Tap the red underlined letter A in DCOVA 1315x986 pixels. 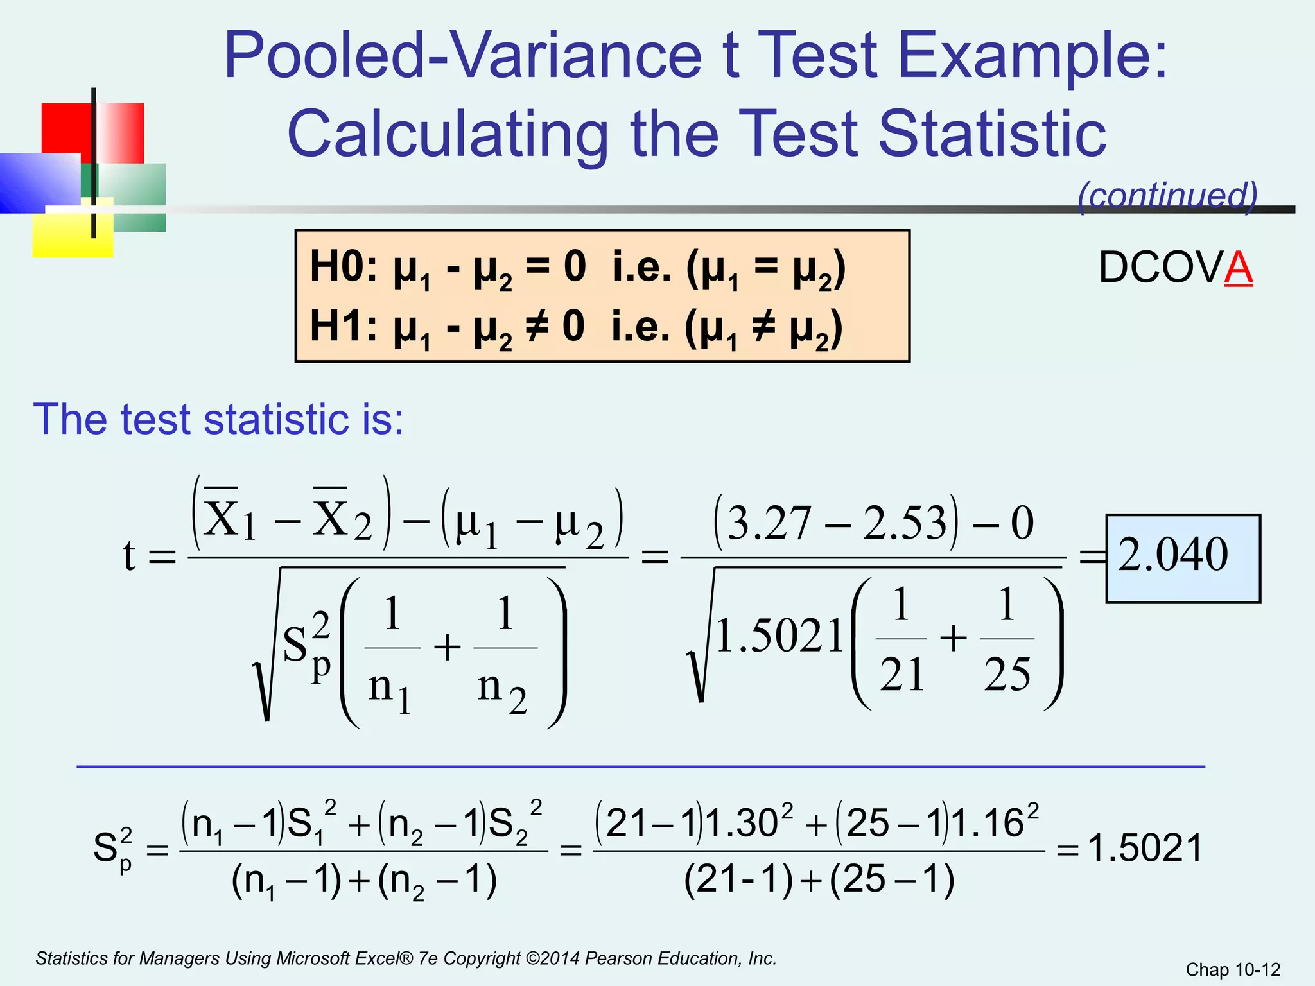1239,268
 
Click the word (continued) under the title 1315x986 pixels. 1167,196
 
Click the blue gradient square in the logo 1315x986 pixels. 39,183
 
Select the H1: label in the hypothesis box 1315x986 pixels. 344,325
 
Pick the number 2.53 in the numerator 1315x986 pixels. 905,523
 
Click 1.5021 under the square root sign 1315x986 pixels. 779,636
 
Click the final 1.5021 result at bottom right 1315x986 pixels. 1145,848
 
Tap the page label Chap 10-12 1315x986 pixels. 1233,969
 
